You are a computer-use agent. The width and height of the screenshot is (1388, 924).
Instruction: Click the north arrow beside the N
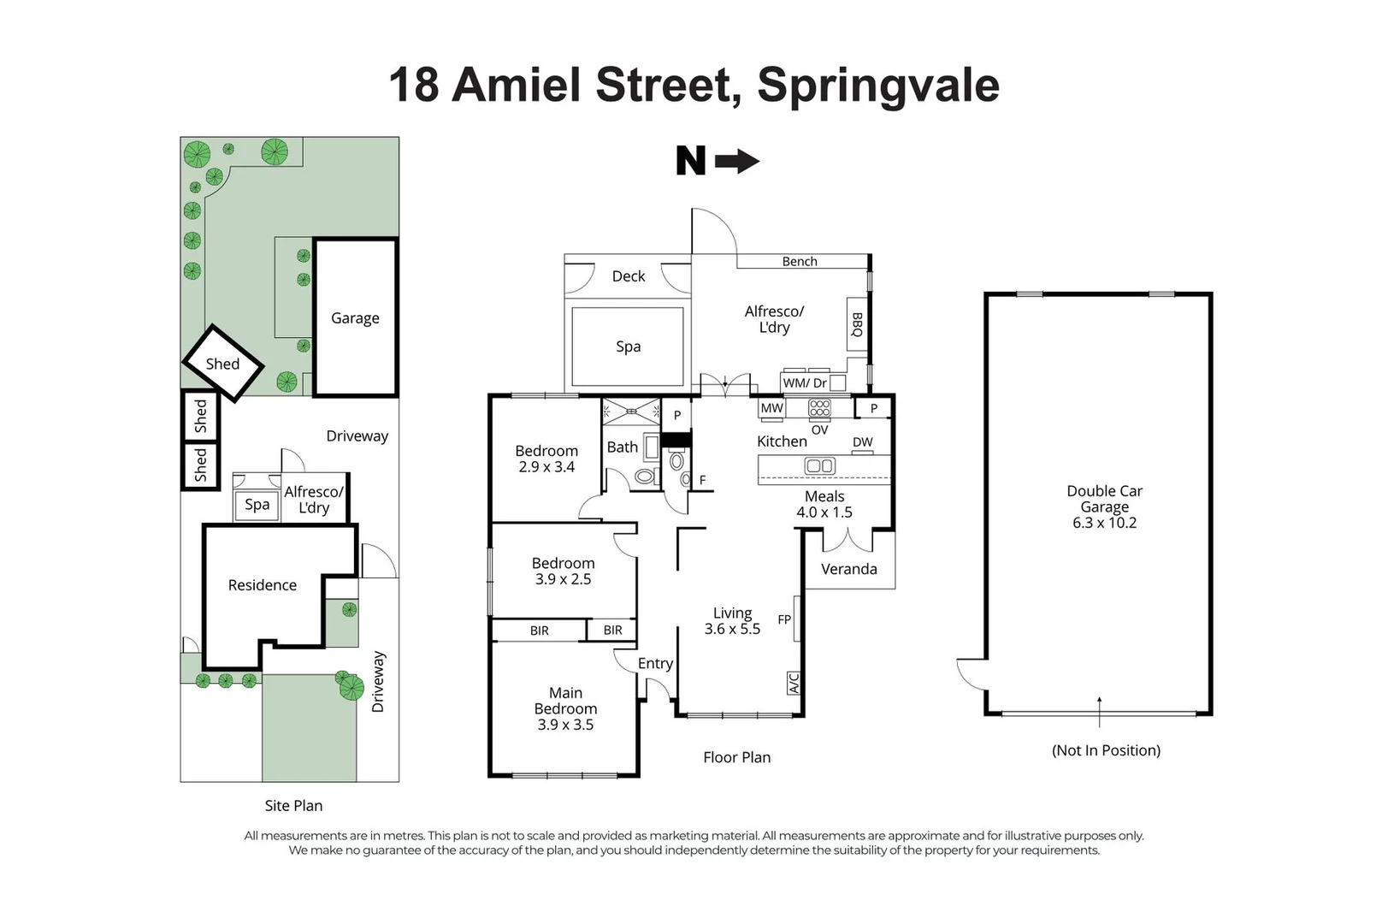point(736,162)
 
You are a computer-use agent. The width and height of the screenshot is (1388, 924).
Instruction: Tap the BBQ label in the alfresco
point(858,324)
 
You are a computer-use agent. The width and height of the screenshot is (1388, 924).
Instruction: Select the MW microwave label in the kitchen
point(772,408)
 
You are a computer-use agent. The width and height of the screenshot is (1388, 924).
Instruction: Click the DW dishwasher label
point(863,441)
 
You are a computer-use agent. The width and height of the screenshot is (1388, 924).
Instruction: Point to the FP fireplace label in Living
point(784,619)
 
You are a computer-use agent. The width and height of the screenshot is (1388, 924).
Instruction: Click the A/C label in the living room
point(794,683)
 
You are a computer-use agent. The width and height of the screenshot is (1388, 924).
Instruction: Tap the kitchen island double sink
point(820,465)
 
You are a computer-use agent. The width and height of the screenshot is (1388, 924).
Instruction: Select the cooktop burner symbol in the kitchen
point(820,408)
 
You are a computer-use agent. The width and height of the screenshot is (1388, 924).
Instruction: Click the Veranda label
point(849,569)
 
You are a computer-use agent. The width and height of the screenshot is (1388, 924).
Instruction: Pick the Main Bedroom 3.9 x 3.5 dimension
point(566,725)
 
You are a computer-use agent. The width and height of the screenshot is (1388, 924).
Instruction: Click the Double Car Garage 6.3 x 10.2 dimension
point(1105,523)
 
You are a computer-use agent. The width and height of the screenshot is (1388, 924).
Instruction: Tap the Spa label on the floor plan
point(629,346)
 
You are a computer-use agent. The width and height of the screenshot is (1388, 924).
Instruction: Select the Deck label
point(629,275)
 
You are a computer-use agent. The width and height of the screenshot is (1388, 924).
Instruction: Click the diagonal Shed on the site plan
point(223,364)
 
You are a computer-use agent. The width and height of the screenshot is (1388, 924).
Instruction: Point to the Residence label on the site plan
point(262,585)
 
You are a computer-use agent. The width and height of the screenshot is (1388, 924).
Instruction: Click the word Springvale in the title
point(878,86)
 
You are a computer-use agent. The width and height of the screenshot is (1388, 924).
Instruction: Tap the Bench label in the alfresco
point(800,262)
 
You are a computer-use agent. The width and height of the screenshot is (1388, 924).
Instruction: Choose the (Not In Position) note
point(1106,750)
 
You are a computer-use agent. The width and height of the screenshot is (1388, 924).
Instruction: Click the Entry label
point(656,664)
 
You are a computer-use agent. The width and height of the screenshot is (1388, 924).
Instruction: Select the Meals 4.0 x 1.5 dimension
point(824,512)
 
